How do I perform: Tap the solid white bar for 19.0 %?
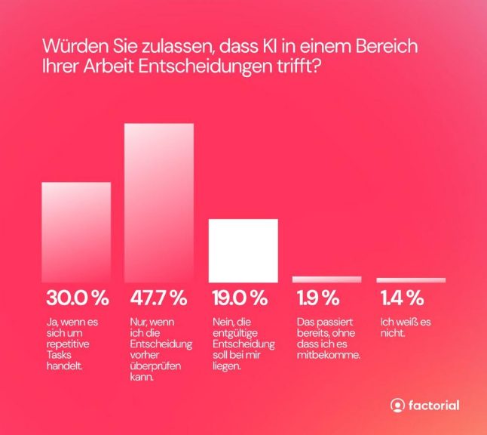pos(243,250)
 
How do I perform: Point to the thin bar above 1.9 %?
pos(326,279)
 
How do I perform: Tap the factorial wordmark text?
pos(433,406)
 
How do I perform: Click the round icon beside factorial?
pos(397,406)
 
